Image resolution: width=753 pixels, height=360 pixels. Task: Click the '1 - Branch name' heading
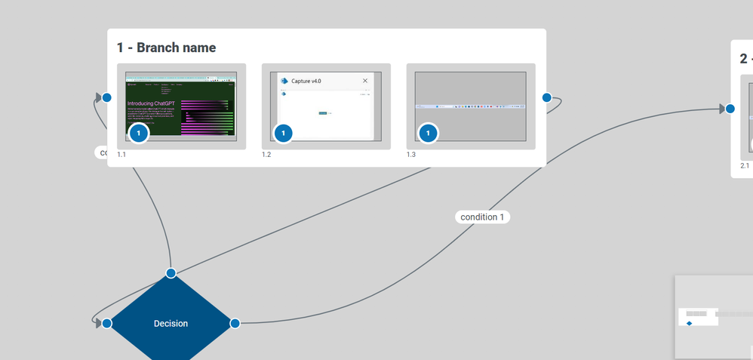click(166, 48)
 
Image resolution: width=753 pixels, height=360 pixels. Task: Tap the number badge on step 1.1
click(139, 134)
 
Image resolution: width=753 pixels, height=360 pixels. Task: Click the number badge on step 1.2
click(283, 134)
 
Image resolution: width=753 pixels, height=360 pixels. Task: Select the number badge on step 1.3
click(428, 134)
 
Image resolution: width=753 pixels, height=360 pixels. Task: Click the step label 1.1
click(121, 155)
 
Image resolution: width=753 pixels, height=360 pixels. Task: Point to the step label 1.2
click(266, 155)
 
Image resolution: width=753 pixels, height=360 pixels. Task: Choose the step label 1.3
click(411, 155)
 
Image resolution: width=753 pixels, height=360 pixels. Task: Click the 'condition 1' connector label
click(482, 217)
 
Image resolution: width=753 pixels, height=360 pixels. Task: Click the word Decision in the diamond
click(171, 324)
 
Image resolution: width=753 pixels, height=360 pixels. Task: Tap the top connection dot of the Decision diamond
click(171, 272)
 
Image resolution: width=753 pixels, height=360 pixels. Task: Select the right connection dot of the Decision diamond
click(235, 323)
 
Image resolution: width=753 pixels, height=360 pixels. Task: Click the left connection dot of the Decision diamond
click(107, 323)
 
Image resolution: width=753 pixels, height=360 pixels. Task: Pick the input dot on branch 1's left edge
click(107, 97)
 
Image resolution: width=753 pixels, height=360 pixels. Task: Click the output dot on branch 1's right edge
click(546, 97)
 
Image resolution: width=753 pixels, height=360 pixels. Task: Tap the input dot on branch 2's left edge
click(730, 108)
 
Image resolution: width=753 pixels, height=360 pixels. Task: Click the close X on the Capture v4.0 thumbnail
click(365, 81)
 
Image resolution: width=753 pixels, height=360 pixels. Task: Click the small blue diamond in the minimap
click(689, 323)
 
